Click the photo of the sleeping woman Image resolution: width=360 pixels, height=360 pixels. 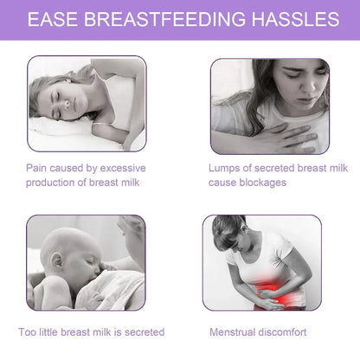click(86, 103)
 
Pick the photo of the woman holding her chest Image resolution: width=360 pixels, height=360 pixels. click(269, 104)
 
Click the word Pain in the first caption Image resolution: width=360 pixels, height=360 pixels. click(36, 166)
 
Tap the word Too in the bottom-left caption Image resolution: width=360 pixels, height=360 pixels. click(28, 332)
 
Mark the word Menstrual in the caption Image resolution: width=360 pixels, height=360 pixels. click(232, 332)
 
